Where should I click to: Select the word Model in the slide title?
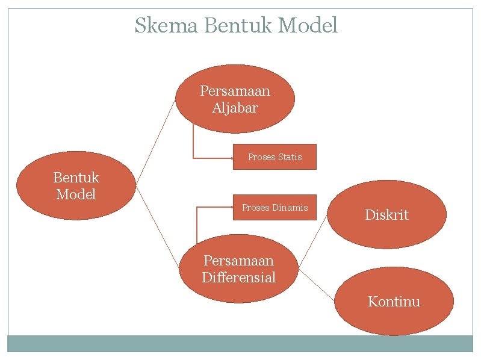click(x=309, y=26)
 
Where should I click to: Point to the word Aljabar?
click(x=235, y=108)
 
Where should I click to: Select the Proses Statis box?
click(x=275, y=157)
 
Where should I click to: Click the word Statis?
click(x=290, y=157)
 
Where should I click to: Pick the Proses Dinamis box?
click(x=275, y=208)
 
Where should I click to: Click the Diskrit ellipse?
click(x=386, y=215)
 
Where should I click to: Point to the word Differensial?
click(x=238, y=278)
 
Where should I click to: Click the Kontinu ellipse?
click(x=394, y=302)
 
